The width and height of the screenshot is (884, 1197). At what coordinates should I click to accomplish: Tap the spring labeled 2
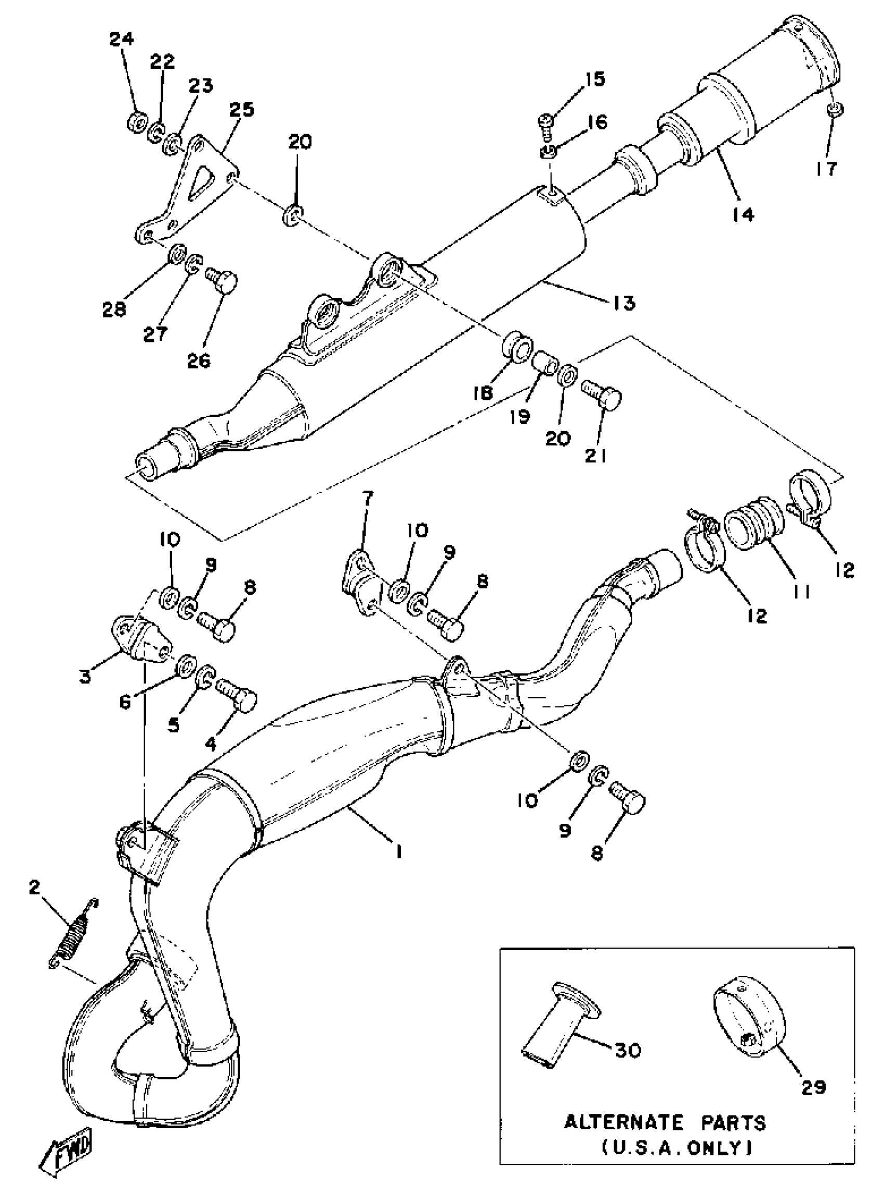74,934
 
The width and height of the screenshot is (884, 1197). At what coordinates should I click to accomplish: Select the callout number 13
624,303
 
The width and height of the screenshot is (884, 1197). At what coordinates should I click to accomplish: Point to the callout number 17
826,169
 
